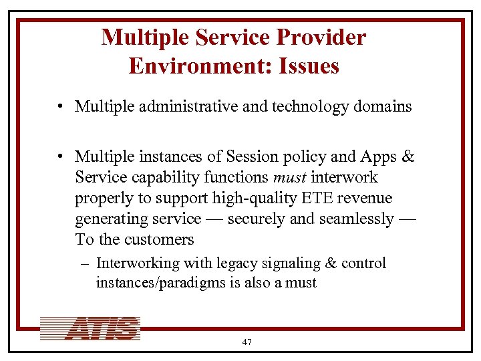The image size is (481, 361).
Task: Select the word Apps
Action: pos(378,156)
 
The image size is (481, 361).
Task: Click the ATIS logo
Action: pos(90,328)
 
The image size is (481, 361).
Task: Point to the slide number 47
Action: pos(247,342)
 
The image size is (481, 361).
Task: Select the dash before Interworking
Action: pos(86,263)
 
